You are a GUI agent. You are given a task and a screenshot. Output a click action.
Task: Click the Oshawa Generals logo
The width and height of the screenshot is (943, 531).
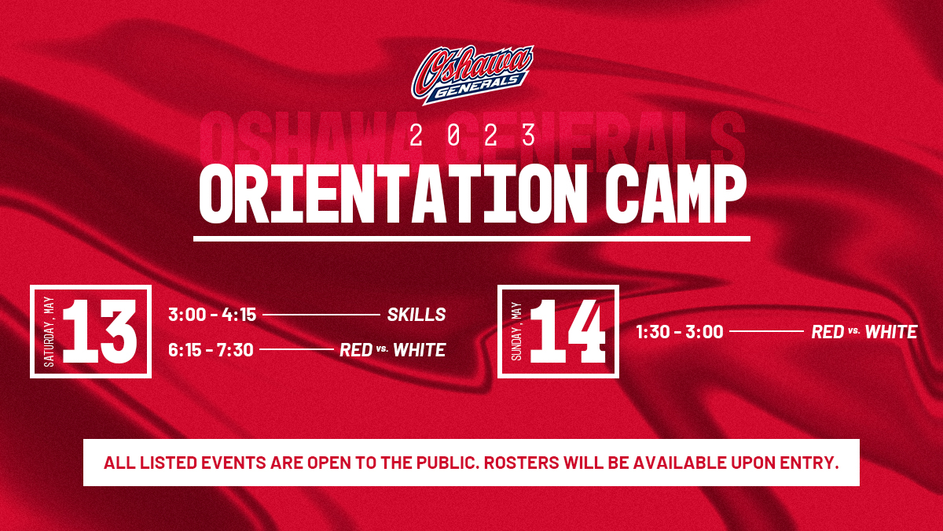[x=473, y=75]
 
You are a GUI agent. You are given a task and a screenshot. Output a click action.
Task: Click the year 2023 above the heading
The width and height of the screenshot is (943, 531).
[x=472, y=136]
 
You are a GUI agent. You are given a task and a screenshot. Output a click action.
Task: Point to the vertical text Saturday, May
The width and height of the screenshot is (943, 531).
[x=50, y=332]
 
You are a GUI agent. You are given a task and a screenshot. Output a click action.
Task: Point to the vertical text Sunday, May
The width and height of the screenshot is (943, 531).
[x=517, y=332]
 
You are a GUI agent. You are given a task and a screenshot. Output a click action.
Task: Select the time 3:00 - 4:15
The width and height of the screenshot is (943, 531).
[x=212, y=315]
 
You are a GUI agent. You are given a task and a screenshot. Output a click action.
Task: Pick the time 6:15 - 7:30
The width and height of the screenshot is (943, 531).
[x=211, y=349]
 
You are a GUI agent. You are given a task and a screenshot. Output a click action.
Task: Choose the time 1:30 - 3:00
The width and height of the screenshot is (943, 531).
[x=679, y=332]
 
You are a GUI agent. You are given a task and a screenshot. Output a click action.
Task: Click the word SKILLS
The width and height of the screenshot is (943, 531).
[x=416, y=315]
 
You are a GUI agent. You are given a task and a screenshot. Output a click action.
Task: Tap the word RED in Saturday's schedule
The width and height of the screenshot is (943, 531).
[x=355, y=349]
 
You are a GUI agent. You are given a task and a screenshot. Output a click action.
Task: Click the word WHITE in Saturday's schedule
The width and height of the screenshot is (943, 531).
[x=419, y=349]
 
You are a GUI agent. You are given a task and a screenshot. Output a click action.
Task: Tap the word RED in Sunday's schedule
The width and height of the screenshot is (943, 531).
[x=827, y=332]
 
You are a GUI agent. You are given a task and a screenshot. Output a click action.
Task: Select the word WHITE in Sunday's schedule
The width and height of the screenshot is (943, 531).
[x=890, y=332]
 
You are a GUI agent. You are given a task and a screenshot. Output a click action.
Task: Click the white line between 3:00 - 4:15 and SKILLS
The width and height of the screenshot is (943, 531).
[x=321, y=315]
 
